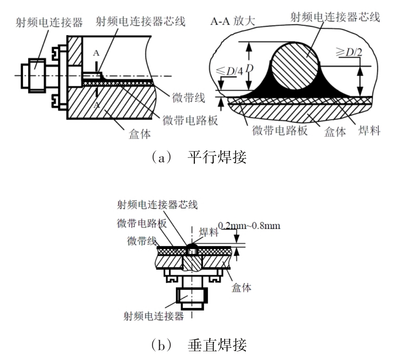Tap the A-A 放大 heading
click(x=232, y=21)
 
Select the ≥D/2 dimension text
click(x=349, y=52)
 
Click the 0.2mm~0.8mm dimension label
click(x=249, y=226)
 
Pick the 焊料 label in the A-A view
click(x=369, y=131)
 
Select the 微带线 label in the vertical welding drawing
click(x=142, y=241)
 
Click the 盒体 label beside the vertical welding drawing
click(x=241, y=288)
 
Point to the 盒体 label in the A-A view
click(x=335, y=131)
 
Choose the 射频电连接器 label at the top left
click(x=49, y=23)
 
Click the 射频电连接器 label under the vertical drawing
click(x=154, y=316)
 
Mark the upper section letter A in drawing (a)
click(x=96, y=53)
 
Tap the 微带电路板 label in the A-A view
click(x=280, y=131)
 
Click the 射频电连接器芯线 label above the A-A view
click(x=335, y=17)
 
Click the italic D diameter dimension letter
click(x=250, y=69)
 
